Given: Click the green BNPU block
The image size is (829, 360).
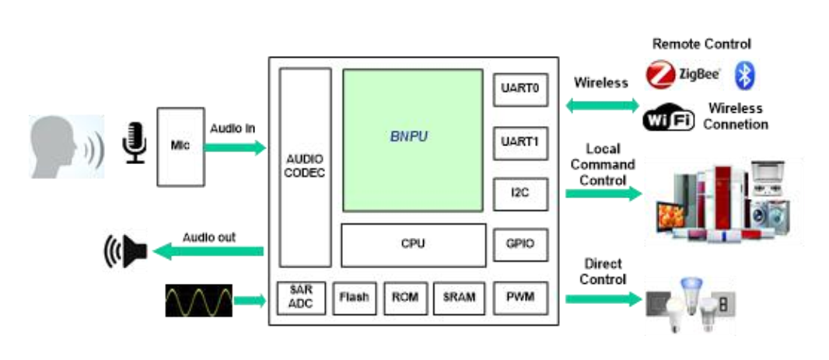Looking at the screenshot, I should click(x=413, y=140).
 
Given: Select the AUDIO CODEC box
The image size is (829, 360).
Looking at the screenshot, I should click(x=305, y=167).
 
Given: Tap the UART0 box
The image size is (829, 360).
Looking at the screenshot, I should click(x=520, y=89).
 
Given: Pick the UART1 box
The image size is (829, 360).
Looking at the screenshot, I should click(x=520, y=142).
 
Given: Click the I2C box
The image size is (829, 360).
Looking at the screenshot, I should click(x=520, y=194).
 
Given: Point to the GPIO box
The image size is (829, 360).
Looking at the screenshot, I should click(x=520, y=244).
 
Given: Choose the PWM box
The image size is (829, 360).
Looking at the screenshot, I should click(x=520, y=296).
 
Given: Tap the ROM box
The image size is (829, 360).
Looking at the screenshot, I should click(x=405, y=297).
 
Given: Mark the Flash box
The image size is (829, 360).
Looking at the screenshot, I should click(x=354, y=297).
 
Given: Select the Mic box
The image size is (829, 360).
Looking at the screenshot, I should click(x=180, y=147).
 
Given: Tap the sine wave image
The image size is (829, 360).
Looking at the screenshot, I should click(x=198, y=300).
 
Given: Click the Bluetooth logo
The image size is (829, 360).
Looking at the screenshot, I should click(x=746, y=75).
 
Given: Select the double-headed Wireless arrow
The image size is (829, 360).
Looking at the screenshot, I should click(x=601, y=105).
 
